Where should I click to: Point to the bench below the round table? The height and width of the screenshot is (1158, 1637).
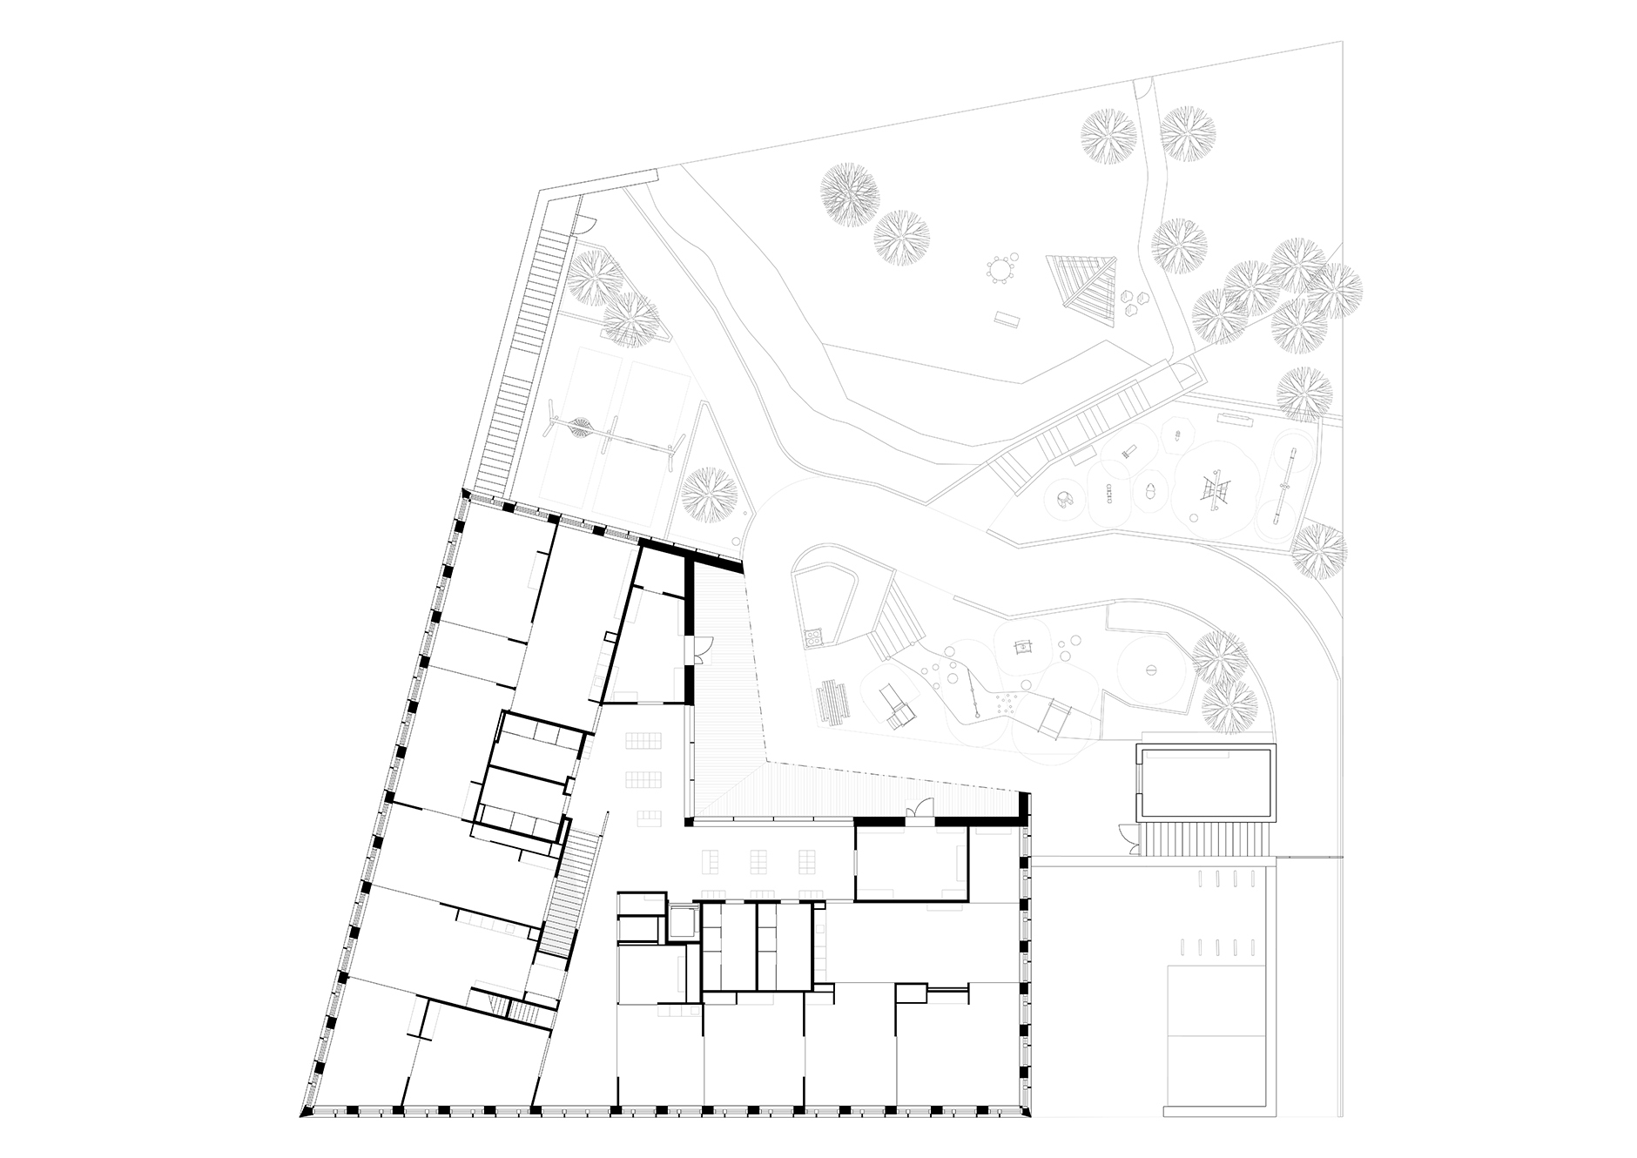tap(1007, 319)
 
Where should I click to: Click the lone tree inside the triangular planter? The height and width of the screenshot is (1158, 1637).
tap(709, 494)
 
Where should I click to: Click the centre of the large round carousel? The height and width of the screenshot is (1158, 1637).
tap(1151, 669)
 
